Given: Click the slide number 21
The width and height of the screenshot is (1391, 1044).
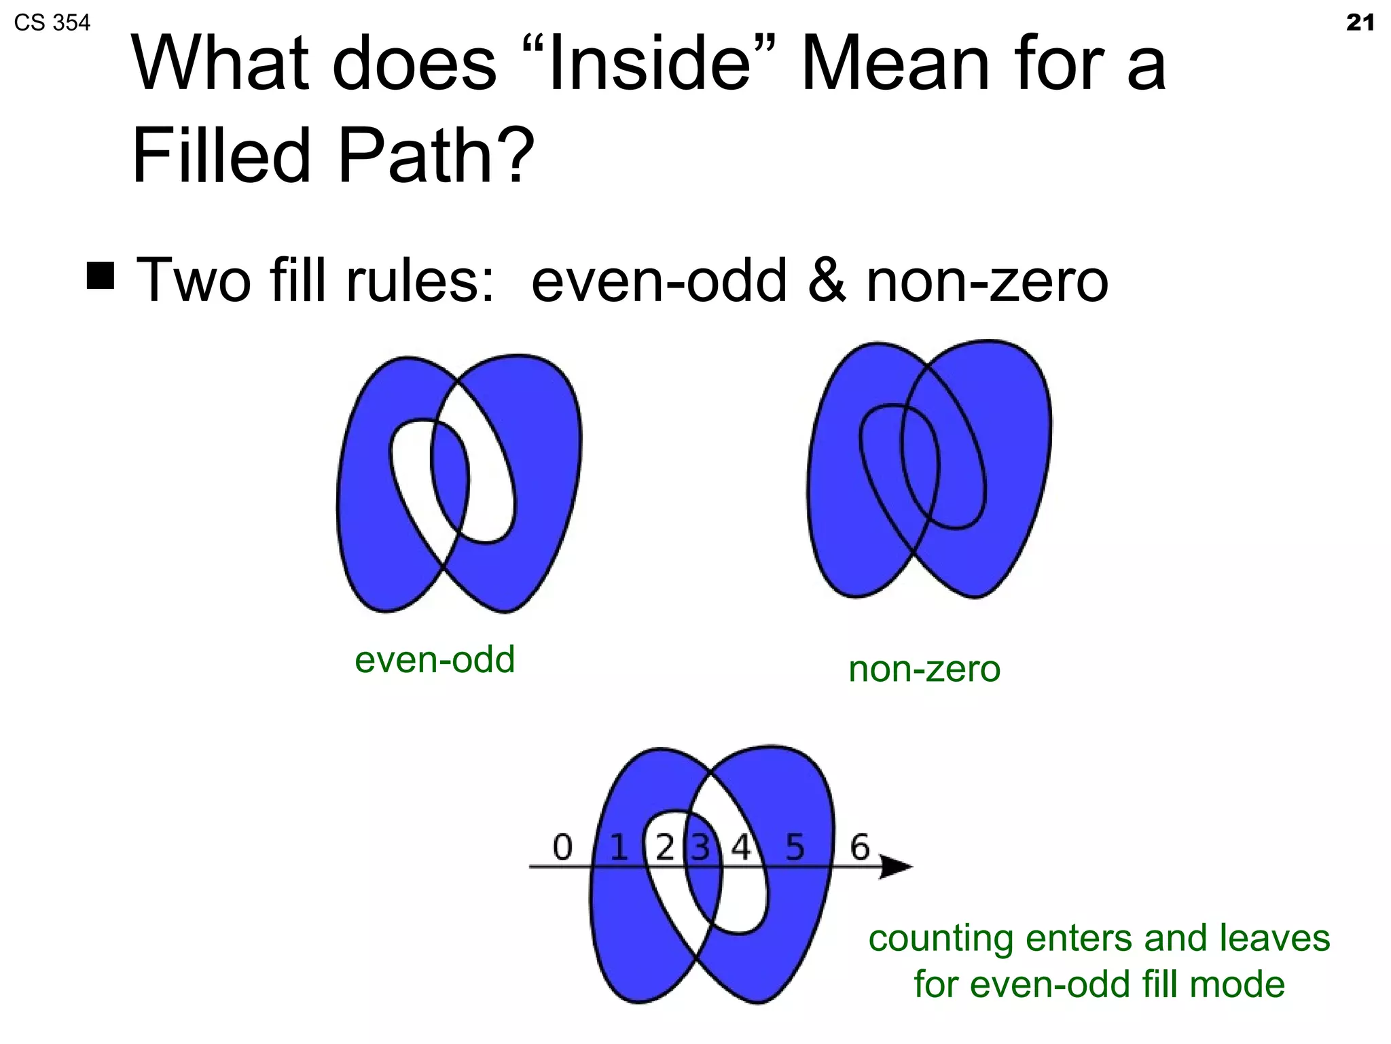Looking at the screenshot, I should [1360, 23].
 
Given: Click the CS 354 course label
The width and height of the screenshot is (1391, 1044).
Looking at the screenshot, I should [52, 23].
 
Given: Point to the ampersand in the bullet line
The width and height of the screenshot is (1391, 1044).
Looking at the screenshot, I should [827, 281].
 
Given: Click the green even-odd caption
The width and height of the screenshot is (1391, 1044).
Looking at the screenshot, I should [435, 659].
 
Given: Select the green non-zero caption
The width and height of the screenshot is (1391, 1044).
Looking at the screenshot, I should [924, 669].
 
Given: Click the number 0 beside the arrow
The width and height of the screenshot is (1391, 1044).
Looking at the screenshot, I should [562, 848].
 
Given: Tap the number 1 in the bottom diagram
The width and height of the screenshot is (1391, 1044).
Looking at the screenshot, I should [619, 848].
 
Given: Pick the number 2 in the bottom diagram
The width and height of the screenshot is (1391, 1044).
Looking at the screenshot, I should [665, 848].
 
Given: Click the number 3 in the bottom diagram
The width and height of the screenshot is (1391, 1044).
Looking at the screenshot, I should [700, 848].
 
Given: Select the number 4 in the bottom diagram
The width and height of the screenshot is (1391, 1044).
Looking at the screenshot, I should [740, 848].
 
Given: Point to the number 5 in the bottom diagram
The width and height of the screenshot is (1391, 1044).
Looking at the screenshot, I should [795, 848].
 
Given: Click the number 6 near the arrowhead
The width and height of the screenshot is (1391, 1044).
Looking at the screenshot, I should [860, 848].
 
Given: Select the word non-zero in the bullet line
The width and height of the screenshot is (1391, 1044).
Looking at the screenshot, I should [987, 281].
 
